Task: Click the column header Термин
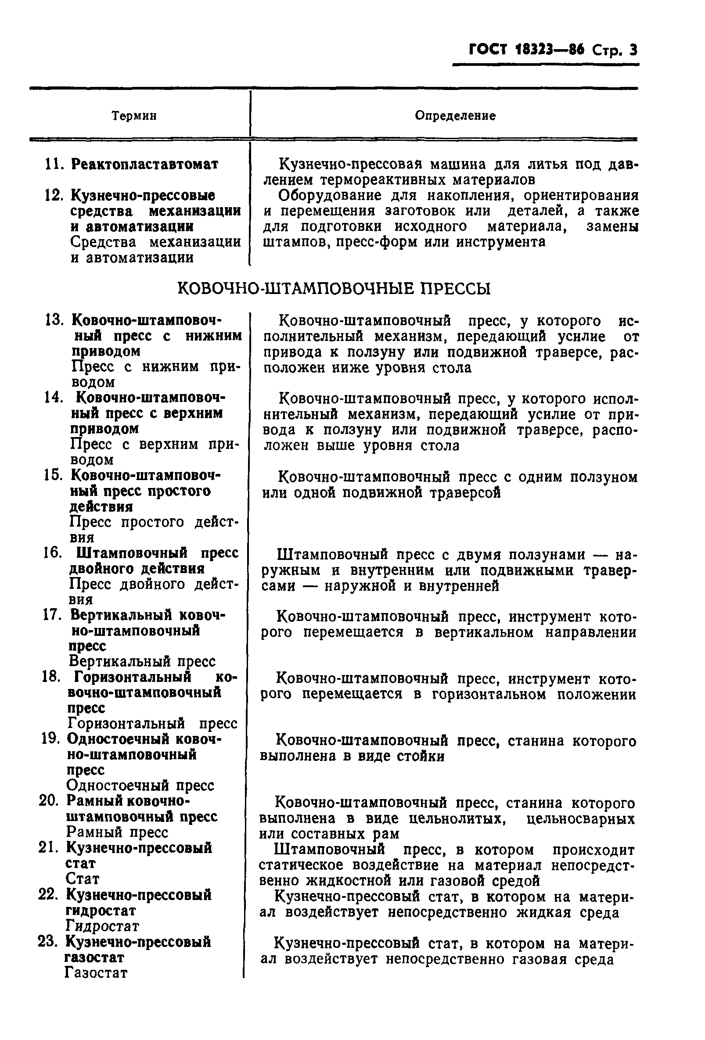click(x=134, y=116)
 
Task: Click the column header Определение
click(x=455, y=116)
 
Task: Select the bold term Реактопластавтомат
click(x=144, y=164)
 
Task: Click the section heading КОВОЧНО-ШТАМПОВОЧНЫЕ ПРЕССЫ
click(x=334, y=289)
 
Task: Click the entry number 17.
click(x=51, y=615)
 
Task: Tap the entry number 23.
click(x=48, y=942)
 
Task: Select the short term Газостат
click(x=96, y=973)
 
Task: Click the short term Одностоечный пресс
click(x=140, y=785)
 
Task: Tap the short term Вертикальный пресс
click(x=142, y=661)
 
